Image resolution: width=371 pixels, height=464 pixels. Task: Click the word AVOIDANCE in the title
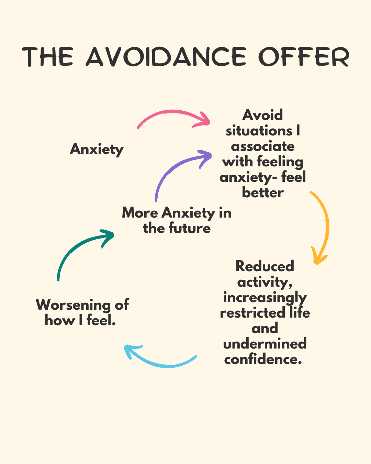click(x=166, y=57)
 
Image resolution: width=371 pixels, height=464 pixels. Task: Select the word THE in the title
click(x=48, y=57)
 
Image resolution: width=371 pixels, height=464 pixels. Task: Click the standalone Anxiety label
click(x=97, y=150)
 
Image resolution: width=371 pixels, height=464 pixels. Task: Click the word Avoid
click(x=262, y=115)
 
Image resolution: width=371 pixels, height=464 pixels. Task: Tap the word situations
click(x=259, y=131)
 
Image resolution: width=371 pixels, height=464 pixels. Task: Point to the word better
click(x=263, y=192)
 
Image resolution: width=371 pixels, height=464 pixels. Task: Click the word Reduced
click(x=265, y=266)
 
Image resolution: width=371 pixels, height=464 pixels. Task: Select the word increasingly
click(x=265, y=298)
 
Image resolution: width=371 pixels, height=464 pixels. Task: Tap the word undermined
click(x=265, y=344)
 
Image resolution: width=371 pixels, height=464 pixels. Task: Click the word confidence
click(x=263, y=360)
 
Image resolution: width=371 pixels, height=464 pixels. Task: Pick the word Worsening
click(x=73, y=305)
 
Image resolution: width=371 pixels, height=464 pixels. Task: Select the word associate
click(x=263, y=146)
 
